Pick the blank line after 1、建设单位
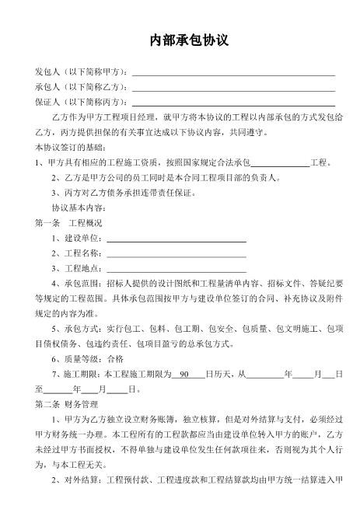pyautogui.click(x=176, y=238)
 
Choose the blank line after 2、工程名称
pyautogui.click(x=176, y=253)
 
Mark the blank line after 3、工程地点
pyautogui.click(x=176, y=268)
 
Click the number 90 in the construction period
pyautogui.click(x=185, y=374)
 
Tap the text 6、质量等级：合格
pyautogui.click(x=87, y=359)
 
